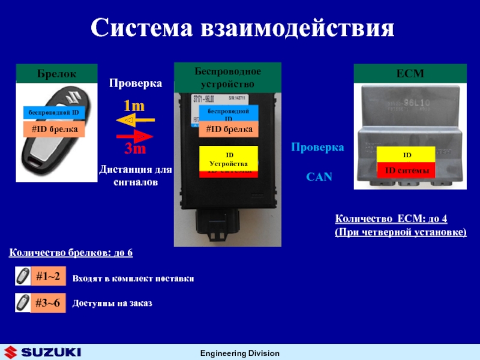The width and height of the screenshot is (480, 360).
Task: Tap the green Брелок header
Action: pyautogui.click(x=55, y=74)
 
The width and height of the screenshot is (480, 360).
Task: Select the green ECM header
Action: pyautogui.click(x=410, y=74)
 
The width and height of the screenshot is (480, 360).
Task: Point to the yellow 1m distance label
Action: pyautogui.click(x=134, y=106)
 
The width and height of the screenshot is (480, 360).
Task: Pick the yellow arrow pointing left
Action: pyautogui.click(x=136, y=121)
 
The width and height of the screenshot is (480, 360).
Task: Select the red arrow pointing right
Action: pyautogui.click(x=136, y=136)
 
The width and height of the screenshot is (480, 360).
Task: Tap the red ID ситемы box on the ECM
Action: pyautogui.click(x=407, y=171)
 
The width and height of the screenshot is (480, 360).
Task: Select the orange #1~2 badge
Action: pyautogui.click(x=47, y=276)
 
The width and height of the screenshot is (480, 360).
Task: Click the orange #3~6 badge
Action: pyautogui.click(x=47, y=302)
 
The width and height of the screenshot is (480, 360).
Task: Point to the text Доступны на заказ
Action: pyautogui.click(x=112, y=304)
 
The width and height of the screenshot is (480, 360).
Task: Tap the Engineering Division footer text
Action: pyautogui.click(x=239, y=353)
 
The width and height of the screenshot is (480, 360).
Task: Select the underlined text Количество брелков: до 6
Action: pyautogui.click(x=71, y=254)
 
